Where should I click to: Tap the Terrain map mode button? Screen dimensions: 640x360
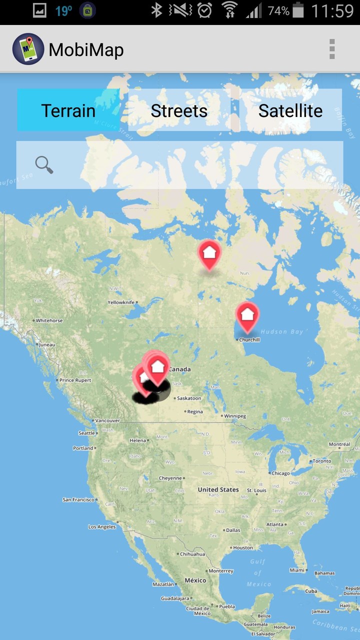[x=68, y=110]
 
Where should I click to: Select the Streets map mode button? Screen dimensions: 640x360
[x=179, y=110]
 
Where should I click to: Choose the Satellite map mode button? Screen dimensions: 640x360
[x=290, y=110]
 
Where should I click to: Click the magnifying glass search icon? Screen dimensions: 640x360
[x=44, y=164]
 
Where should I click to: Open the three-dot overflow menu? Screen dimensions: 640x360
[x=331, y=49]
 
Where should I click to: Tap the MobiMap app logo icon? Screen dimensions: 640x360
[x=28, y=49]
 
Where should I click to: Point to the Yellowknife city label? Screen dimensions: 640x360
[x=121, y=302]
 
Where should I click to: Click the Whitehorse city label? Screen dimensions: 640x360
[x=49, y=320]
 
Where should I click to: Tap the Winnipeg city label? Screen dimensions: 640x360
[x=234, y=416]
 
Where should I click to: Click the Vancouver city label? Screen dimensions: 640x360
[x=107, y=421]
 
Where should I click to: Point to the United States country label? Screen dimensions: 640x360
[x=218, y=489]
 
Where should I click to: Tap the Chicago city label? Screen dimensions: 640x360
[x=280, y=473]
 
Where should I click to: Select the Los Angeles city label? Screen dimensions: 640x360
[x=102, y=527]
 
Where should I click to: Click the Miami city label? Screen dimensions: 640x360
[x=297, y=570]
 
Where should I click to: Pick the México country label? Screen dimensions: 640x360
[x=195, y=580]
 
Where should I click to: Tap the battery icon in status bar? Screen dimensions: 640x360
[x=298, y=10]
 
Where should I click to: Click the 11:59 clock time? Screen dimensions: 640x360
[x=332, y=10]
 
